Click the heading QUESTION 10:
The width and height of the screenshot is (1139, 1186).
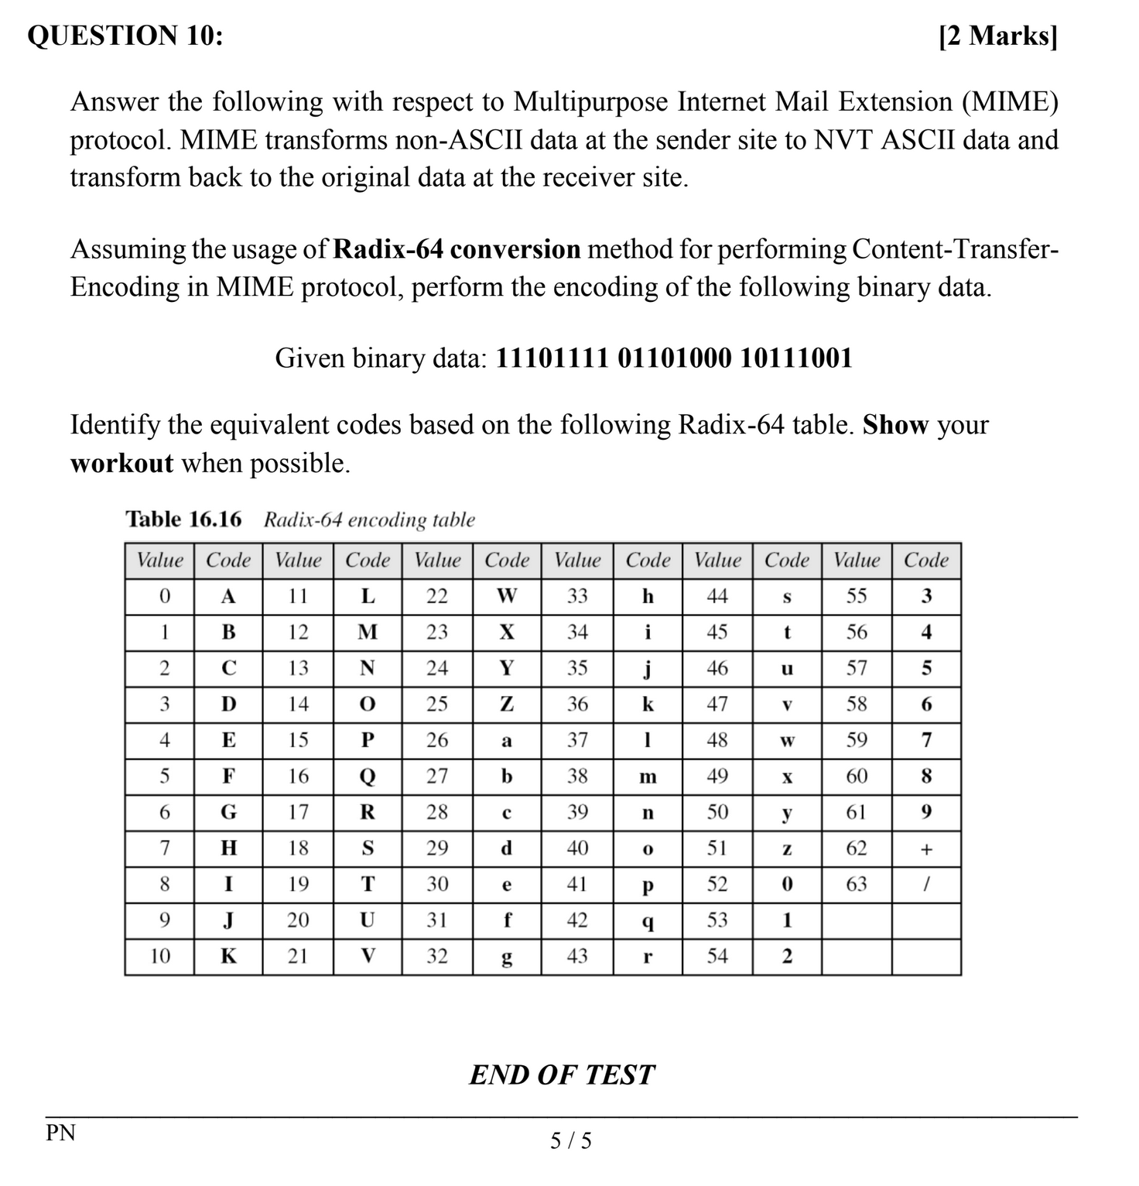(125, 36)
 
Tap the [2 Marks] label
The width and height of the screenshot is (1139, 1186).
(997, 36)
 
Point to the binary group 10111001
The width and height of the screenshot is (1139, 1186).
(796, 358)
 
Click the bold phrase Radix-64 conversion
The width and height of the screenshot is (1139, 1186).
(457, 249)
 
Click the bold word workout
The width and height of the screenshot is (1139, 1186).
(121, 463)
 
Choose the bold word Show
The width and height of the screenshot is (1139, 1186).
(895, 425)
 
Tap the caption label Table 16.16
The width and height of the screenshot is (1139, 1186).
(183, 519)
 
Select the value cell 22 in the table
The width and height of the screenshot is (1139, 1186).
(437, 596)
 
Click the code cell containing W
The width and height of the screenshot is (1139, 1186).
(507, 596)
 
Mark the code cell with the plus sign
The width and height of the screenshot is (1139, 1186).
(926, 848)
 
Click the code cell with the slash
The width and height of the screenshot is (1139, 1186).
(926, 884)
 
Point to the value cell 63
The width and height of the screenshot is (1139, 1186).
(857, 884)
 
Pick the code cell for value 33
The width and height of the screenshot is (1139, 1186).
(648, 596)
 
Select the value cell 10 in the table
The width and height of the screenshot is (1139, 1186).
(159, 956)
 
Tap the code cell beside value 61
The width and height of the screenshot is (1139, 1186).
(926, 812)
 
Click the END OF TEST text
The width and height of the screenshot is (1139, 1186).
(562, 1075)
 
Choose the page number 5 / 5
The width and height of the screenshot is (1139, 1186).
(570, 1140)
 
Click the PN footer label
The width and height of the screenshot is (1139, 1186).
(61, 1133)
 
